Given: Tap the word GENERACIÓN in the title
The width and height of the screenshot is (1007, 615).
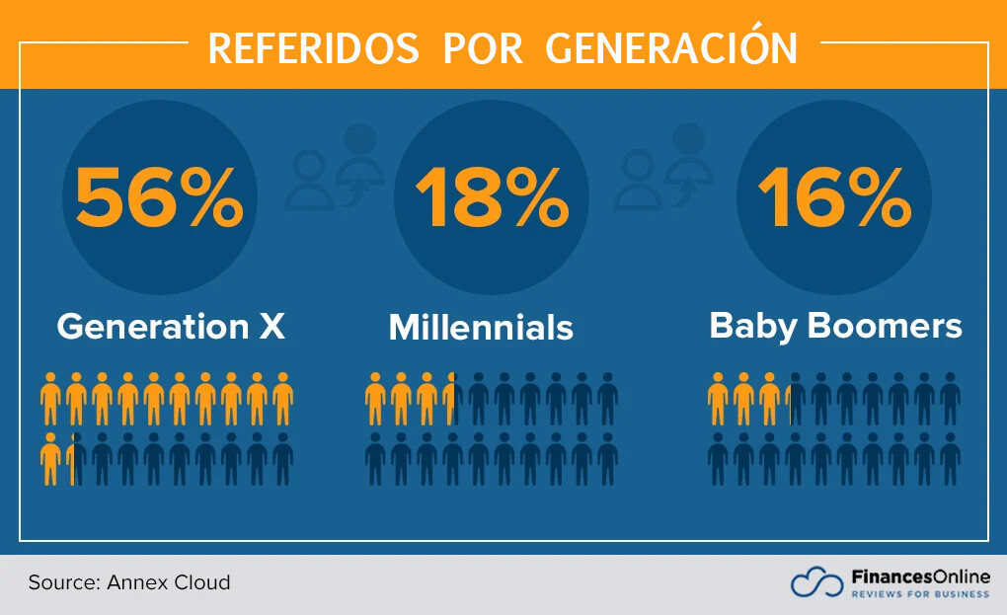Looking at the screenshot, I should (x=671, y=47).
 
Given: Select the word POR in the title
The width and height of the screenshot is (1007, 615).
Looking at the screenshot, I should (x=483, y=47).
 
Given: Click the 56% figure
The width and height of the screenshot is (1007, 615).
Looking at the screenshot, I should (x=159, y=196).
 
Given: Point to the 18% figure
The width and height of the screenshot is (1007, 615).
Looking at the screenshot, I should (x=491, y=196).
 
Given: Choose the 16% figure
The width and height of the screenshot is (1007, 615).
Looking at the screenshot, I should (x=834, y=196).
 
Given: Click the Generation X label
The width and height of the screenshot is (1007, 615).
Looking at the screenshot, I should (x=171, y=326).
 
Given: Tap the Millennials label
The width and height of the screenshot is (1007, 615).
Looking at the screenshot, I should (x=481, y=328).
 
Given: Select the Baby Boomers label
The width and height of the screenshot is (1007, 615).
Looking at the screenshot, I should (x=835, y=326).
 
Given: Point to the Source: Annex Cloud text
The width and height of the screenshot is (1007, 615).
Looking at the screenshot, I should (x=129, y=582).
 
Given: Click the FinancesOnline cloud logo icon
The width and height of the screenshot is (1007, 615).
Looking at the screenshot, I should (x=816, y=582).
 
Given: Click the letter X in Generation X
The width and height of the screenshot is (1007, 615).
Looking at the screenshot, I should (x=271, y=326).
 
